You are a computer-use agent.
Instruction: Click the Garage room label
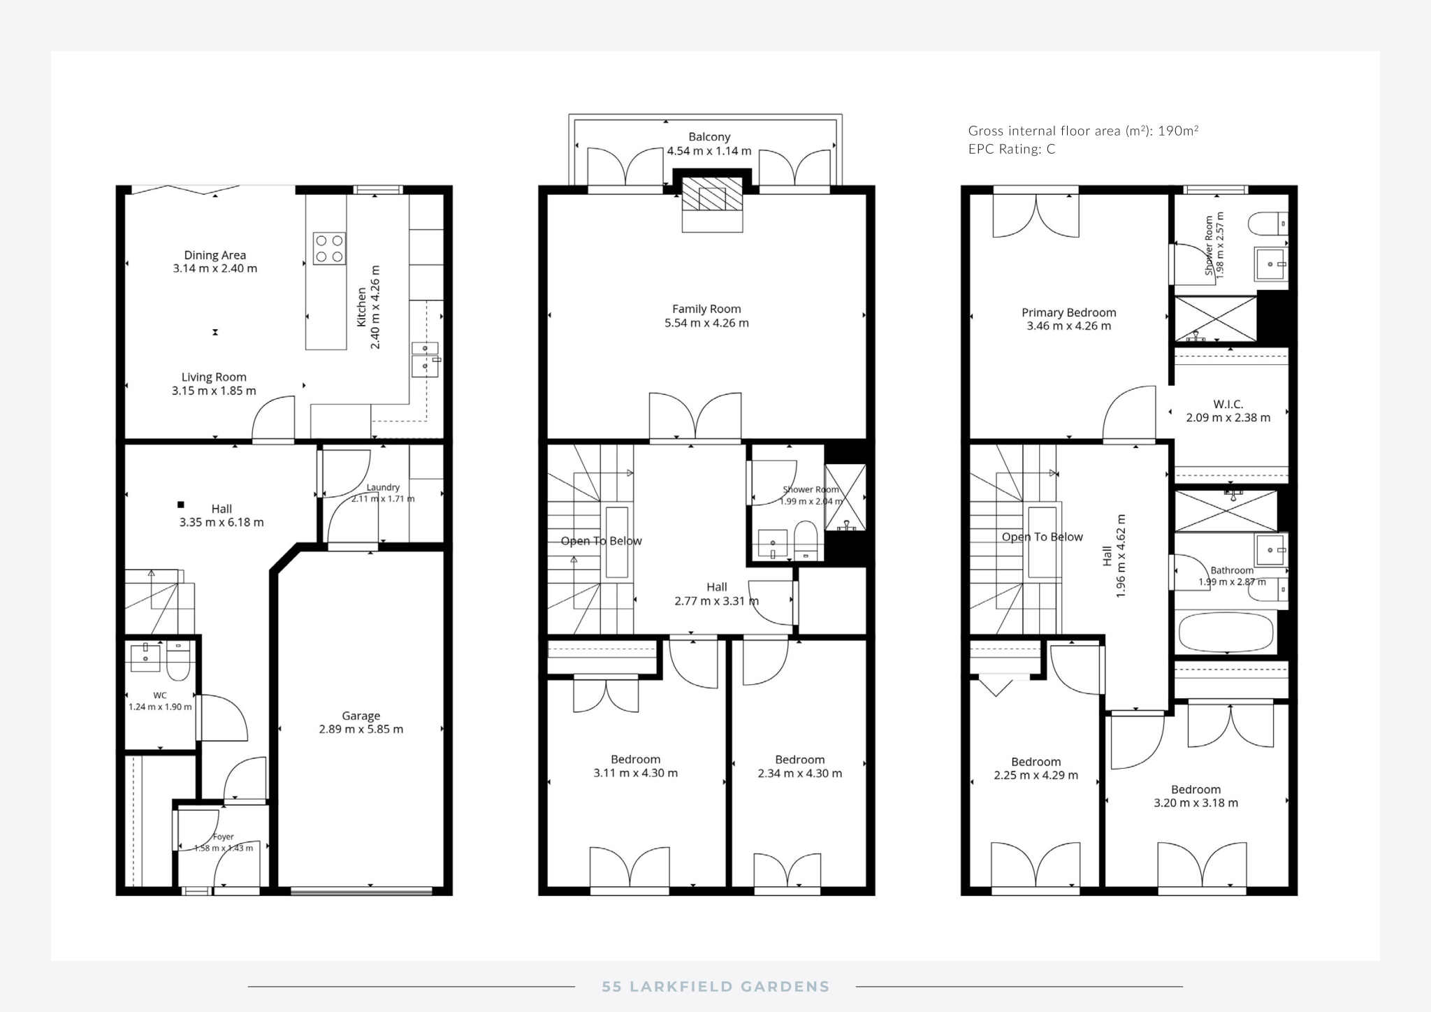361,716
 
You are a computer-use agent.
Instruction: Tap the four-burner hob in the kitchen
329,248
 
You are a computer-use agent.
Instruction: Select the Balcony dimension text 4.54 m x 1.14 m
709,151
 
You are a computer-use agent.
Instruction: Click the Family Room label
706,309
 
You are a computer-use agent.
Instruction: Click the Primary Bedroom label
1069,312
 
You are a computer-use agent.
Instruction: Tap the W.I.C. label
1228,404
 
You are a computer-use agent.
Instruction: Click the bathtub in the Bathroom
1226,632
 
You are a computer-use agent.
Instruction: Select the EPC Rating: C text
1012,149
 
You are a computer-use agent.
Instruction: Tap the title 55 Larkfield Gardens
715,987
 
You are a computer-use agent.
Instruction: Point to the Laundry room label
383,487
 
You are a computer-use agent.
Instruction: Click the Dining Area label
215,255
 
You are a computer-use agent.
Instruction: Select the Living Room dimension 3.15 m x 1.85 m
214,391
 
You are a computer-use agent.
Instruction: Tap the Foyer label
223,837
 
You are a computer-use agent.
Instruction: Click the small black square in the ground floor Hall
180,505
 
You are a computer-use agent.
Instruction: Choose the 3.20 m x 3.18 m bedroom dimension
1196,803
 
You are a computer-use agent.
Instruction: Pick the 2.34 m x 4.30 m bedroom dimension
800,774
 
